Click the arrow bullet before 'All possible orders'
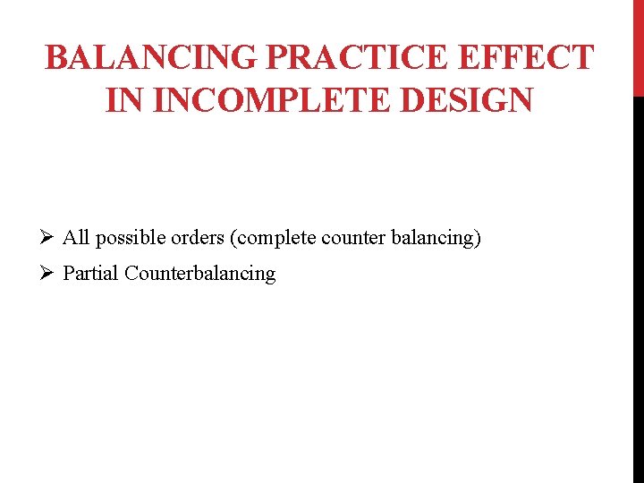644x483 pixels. pyautogui.click(x=48, y=238)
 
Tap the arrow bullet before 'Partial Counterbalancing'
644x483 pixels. pyautogui.click(x=48, y=274)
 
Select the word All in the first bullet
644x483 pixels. pyautogui.click(x=76, y=238)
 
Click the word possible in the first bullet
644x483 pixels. pyautogui.click(x=126, y=239)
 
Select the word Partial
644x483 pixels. pyautogui.click(x=90, y=274)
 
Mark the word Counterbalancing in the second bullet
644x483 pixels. pyautogui.click(x=200, y=274)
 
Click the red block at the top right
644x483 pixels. pyautogui.click(x=639, y=47)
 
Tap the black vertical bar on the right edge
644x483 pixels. pyautogui.click(x=639, y=286)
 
